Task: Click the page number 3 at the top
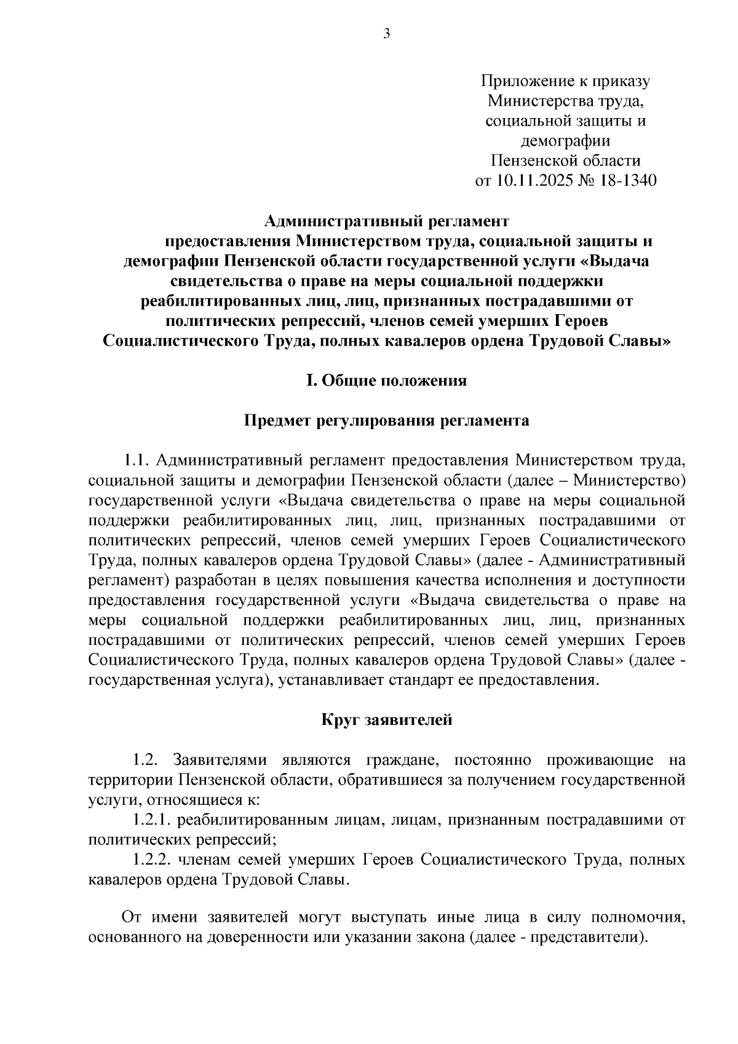386,34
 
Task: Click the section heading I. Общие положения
386,381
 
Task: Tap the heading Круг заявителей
387,719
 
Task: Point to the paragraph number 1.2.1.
152,820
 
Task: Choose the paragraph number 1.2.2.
152,860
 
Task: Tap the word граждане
402,761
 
